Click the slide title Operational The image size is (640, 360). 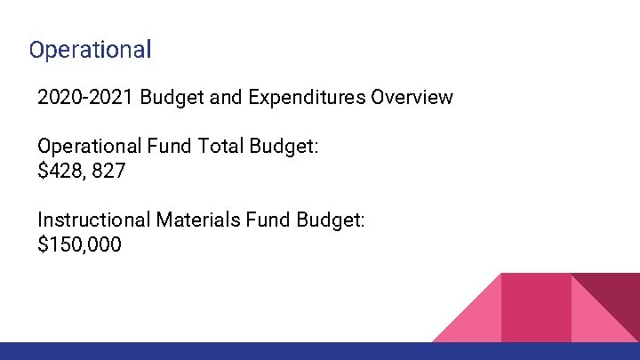tap(90, 49)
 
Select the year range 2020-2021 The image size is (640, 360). tap(83, 97)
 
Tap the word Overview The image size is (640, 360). tap(412, 97)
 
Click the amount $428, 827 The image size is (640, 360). tap(82, 171)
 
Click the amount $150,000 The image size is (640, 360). tap(80, 244)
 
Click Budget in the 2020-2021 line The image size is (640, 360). tap(169, 97)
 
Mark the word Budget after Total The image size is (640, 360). tap(286, 146)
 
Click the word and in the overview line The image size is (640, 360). tap(227, 97)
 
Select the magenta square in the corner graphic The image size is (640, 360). tap(536, 307)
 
